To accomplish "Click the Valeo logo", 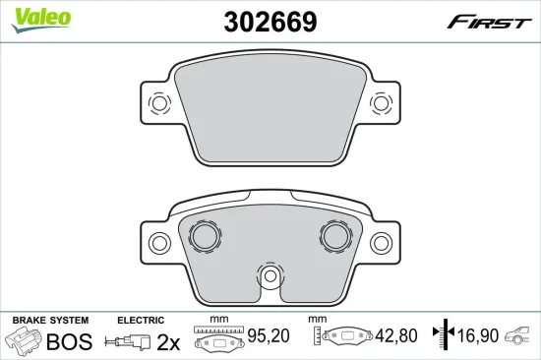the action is [41, 20].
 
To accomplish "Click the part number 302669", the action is [270, 22].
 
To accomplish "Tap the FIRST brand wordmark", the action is [489, 22].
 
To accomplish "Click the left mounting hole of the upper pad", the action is [159, 103].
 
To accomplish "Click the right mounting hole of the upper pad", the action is [381, 103].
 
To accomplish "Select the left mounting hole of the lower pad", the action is [159, 243].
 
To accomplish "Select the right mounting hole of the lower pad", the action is [381, 243].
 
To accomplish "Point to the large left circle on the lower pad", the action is [205, 236].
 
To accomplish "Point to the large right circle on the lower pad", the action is [335, 236].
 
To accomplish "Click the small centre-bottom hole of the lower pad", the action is [270, 275].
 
